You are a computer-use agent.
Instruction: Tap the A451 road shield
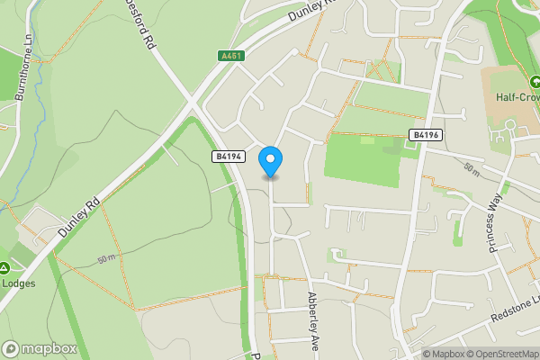click(x=231, y=56)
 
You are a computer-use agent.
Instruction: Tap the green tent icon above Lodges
click(x=4, y=267)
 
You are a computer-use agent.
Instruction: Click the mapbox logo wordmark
click(x=40, y=348)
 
